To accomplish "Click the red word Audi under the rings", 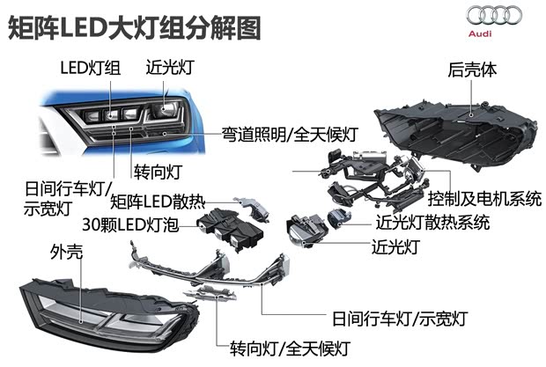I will [496, 33].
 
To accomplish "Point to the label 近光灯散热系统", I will [432, 223].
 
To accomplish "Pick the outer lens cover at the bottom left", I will [97, 304].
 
